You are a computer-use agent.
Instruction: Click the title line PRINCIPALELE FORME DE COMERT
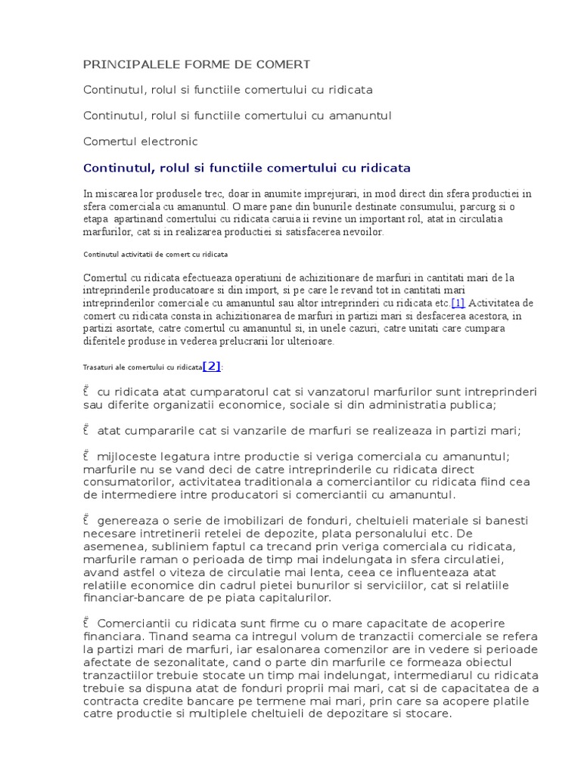click(186, 64)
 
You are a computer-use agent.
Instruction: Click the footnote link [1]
click(458, 303)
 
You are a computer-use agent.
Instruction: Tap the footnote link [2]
click(212, 366)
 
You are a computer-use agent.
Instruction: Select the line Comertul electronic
click(141, 141)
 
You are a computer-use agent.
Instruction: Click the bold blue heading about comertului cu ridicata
click(247, 167)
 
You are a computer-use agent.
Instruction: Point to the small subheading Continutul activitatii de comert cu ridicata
click(156, 254)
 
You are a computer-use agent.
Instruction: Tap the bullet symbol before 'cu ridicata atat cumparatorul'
click(87, 391)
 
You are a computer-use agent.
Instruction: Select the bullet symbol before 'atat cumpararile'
click(87, 431)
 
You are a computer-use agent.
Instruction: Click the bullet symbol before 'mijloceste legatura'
click(87, 456)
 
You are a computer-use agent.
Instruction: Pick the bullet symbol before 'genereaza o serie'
click(87, 520)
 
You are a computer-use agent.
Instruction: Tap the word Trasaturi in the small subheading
click(98, 367)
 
